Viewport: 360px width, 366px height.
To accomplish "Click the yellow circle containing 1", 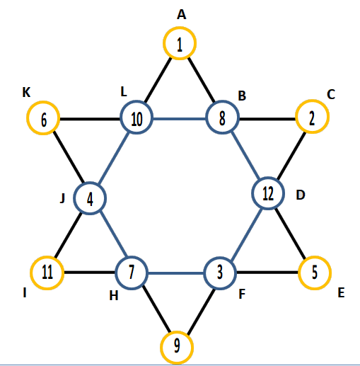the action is click(x=180, y=27).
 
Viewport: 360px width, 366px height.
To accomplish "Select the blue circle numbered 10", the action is click(x=137, y=101).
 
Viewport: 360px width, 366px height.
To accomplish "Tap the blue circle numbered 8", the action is click(x=223, y=101).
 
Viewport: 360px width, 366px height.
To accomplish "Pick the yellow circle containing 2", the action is click(x=312, y=100).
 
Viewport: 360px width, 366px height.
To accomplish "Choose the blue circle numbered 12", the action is click(x=268, y=178).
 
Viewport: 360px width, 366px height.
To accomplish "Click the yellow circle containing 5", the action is click(x=315, y=256).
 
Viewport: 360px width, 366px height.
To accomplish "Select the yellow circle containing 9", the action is click(x=177, y=331).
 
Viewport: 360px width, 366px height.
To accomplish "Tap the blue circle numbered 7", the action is click(x=132, y=257).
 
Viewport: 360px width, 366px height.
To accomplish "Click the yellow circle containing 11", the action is click(x=47, y=257).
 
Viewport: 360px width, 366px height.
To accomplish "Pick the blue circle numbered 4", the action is click(x=90, y=183).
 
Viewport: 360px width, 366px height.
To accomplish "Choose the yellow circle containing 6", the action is click(x=43, y=101).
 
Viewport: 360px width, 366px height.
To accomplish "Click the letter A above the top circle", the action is click(x=182, y=15).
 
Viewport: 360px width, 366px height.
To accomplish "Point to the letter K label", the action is click(x=26, y=92).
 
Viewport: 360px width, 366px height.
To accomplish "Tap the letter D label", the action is click(x=301, y=195).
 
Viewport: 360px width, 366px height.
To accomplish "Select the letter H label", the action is click(x=114, y=295).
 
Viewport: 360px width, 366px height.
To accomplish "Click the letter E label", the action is click(x=341, y=293).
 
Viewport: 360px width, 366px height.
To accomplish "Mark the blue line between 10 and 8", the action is click(x=180, y=118).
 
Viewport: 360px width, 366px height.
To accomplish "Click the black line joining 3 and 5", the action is click(x=267, y=273).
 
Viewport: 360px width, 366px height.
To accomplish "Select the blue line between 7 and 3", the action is click(x=175, y=273).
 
